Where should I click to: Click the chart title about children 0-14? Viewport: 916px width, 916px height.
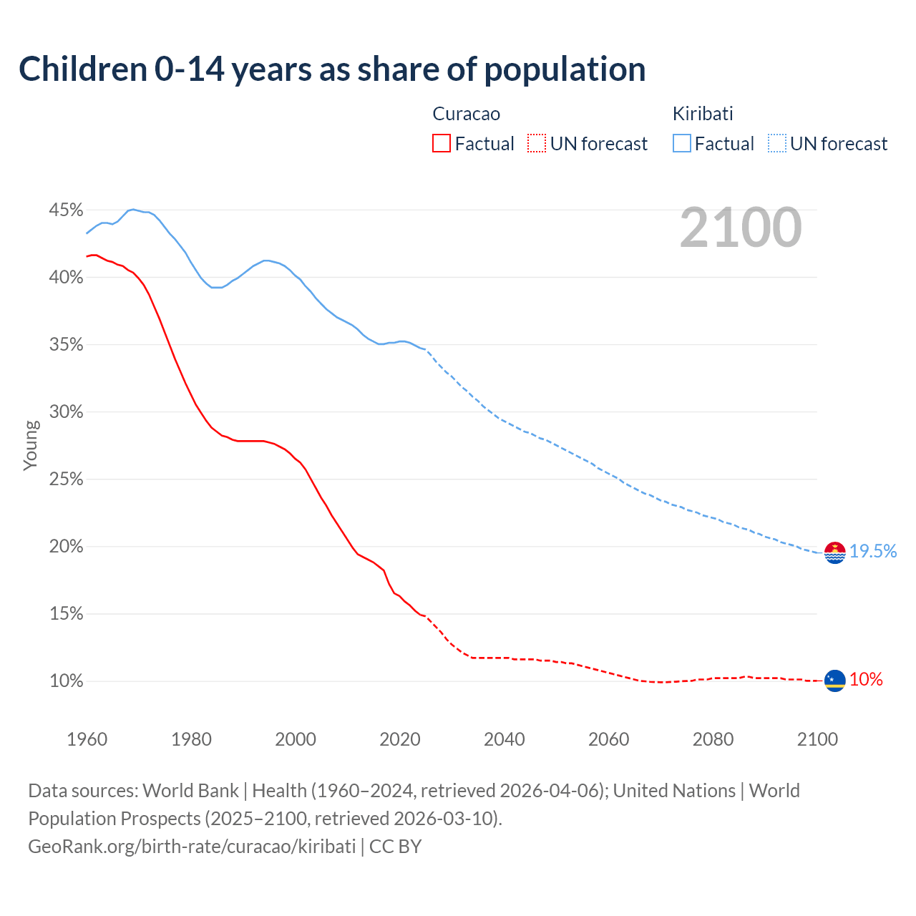[x=332, y=69]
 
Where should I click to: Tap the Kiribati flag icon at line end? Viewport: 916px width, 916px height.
[x=834, y=552]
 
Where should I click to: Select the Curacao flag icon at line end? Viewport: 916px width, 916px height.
[x=834, y=681]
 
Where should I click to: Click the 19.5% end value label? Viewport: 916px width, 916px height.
[x=873, y=551]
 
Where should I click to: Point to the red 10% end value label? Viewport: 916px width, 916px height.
[x=866, y=680]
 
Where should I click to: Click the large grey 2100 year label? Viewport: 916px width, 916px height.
[x=741, y=228]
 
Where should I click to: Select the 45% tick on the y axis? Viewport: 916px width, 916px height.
[x=66, y=210]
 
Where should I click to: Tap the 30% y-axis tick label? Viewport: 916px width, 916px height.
[x=66, y=412]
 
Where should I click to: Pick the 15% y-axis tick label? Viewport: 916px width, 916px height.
[x=66, y=614]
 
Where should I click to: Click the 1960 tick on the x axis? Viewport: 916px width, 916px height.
[x=87, y=739]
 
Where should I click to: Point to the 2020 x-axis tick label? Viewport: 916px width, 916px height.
[x=399, y=739]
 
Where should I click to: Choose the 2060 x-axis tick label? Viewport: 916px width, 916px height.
[x=608, y=739]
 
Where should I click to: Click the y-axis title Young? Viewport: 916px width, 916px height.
[x=31, y=445]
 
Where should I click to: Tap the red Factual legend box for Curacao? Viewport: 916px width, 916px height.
[x=442, y=144]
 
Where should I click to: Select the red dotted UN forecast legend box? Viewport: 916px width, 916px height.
[x=537, y=144]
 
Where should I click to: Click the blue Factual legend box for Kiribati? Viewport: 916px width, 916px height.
[x=682, y=144]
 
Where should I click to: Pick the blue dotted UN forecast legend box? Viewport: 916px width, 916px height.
[x=777, y=144]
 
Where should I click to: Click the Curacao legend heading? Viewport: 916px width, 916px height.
[x=466, y=114]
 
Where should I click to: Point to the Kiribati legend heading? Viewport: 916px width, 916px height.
[x=703, y=114]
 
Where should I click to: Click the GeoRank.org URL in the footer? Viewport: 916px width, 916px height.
[x=192, y=847]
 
